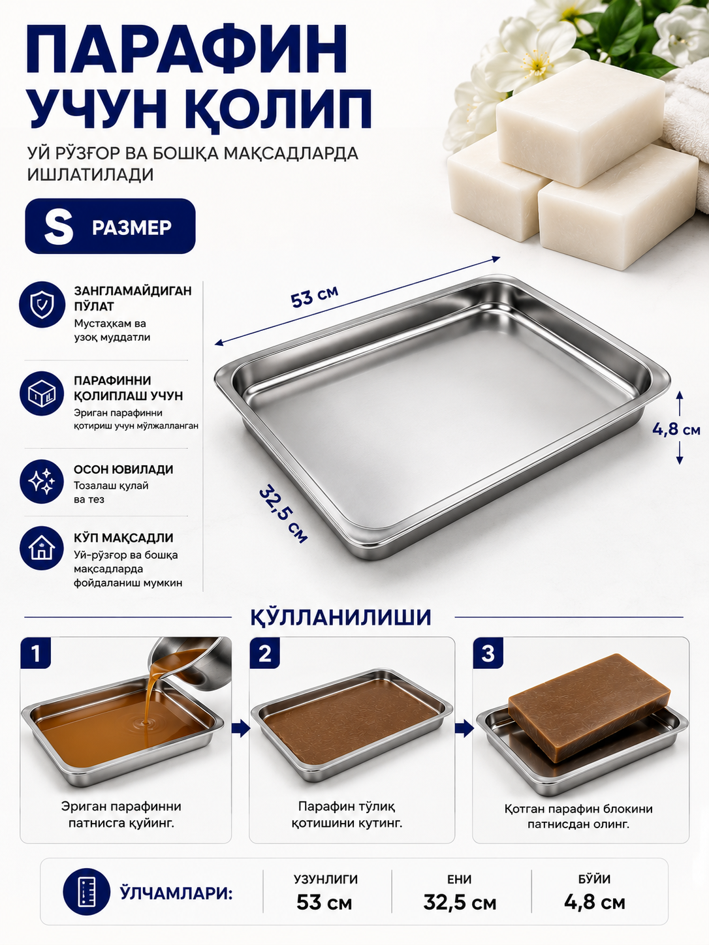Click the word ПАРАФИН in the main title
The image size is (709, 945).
187,49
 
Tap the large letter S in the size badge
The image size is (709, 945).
59,227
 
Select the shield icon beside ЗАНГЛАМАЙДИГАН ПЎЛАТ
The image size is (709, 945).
42,304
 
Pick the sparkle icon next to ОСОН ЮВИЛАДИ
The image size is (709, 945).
42,482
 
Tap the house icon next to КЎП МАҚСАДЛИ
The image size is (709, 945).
42,548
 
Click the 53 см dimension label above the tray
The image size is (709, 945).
315,296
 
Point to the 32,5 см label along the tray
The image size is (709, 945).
283,514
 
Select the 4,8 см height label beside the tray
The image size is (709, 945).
676,429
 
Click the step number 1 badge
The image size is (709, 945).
36,653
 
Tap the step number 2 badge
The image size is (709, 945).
265,653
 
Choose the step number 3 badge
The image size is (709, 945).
488,653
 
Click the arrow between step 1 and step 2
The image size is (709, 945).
241,729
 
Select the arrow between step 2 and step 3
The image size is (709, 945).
464,729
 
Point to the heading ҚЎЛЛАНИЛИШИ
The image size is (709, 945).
341,617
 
